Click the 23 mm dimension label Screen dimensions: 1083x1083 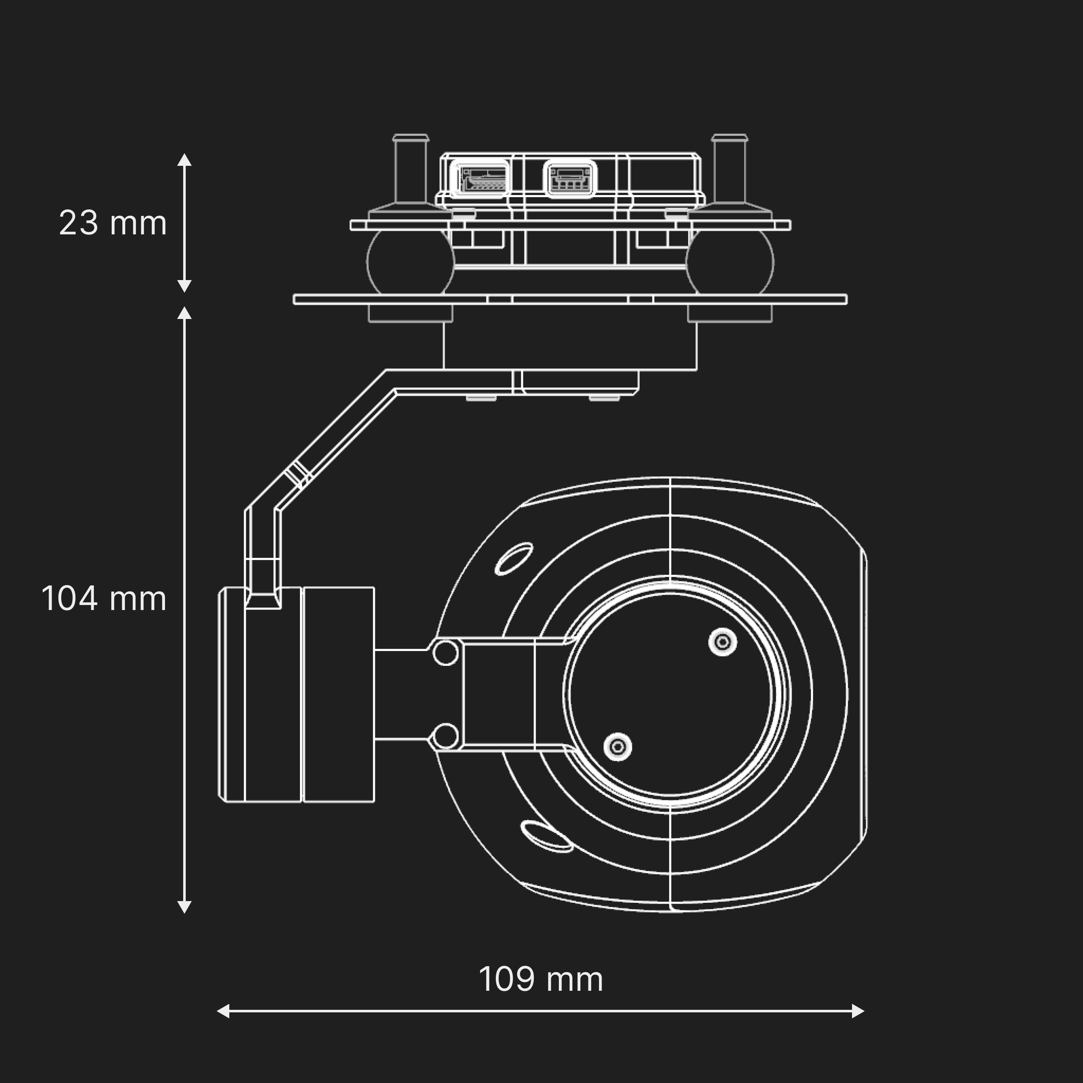pos(113,223)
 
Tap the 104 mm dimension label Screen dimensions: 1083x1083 pos(104,599)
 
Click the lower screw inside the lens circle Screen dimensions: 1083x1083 pos(618,747)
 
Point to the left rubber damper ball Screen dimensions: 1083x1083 pos(410,262)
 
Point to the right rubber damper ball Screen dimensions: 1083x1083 pos(730,262)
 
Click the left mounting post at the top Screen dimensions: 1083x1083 pos(411,168)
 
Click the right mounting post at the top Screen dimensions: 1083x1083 pos(729,168)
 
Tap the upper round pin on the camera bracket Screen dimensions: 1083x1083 pos(445,653)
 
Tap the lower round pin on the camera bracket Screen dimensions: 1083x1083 pos(445,736)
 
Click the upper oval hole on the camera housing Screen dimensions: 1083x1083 pos(514,559)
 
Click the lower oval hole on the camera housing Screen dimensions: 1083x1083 pos(546,836)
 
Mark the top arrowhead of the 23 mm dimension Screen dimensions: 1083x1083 pos(184,160)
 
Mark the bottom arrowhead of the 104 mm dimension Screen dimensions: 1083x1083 pos(184,907)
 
